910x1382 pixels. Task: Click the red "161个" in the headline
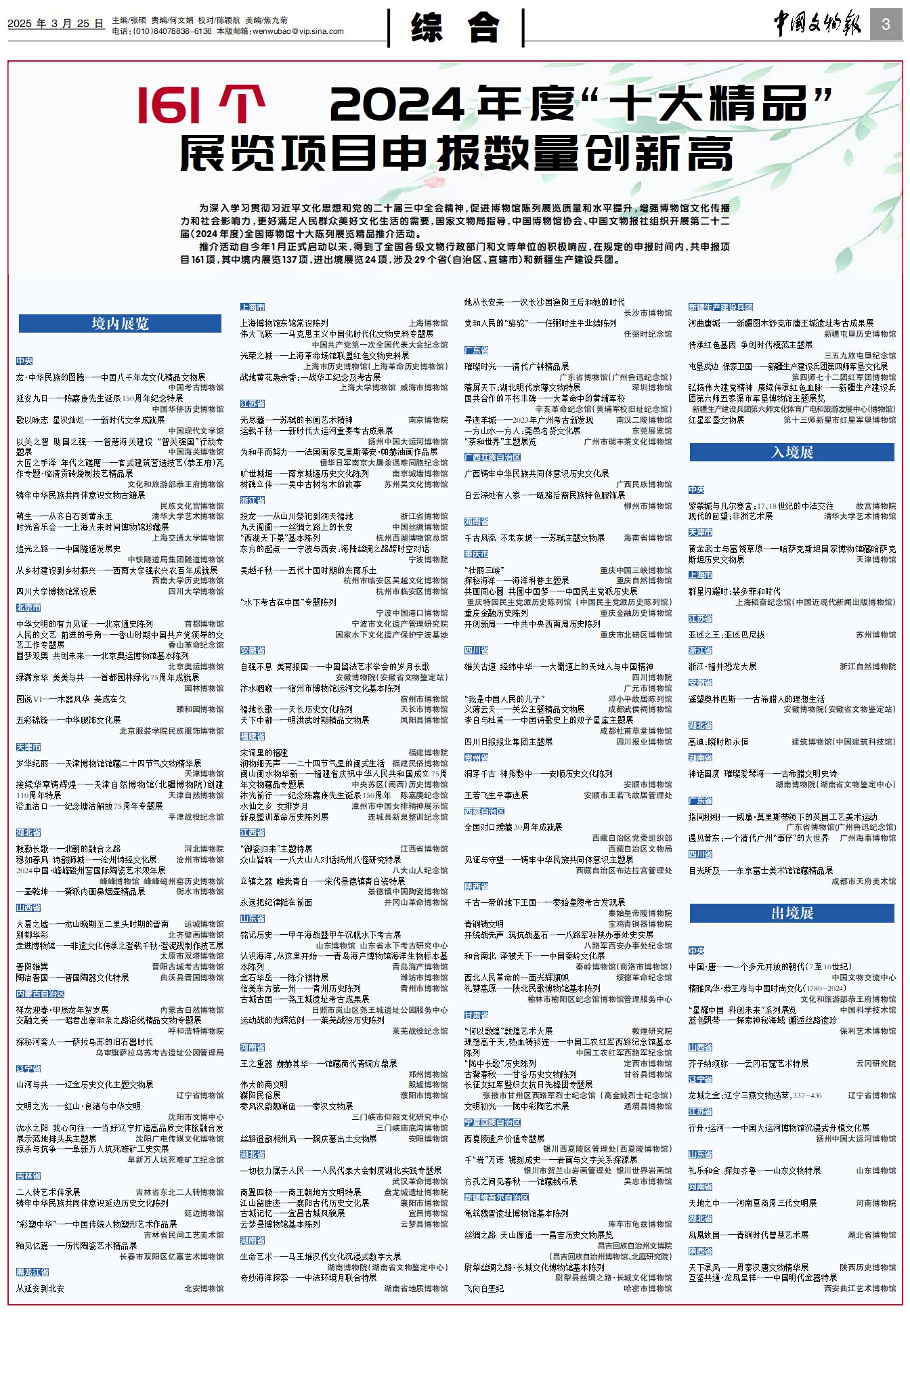coord(201,106)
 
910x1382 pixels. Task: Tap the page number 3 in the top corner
coord(886,25)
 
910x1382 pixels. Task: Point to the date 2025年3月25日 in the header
coord(56,24)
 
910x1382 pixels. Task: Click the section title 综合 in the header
coord(456,28)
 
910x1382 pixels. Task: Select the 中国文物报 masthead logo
coord(818,24)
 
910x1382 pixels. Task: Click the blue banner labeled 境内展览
coord(120,324)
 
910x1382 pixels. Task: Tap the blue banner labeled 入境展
coord(792,453)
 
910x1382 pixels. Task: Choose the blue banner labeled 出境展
coord(792,913)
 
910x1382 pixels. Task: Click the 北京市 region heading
coord(28,608)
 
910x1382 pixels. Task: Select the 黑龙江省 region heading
coord(32,1272)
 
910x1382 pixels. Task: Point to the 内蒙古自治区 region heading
coord(41,994)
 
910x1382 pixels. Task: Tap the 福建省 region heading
coord(253,736)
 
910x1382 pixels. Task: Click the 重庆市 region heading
coord(477,554)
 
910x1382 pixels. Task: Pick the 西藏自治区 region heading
coord(485,812)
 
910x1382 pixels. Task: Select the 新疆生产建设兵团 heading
coord(720,308)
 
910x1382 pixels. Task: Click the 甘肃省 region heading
coord(477,1015)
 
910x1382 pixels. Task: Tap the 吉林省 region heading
coord(28,1176)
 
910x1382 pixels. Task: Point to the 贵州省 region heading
coord(477,758)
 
